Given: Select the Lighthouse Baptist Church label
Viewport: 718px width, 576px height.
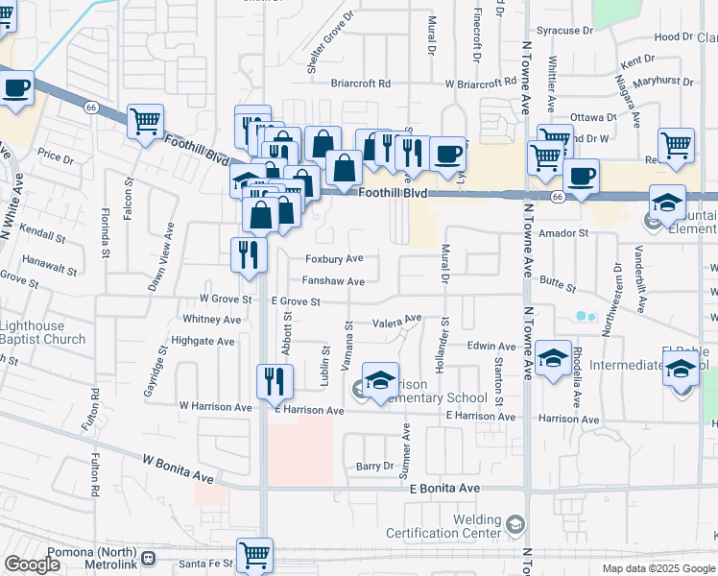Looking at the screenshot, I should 42,332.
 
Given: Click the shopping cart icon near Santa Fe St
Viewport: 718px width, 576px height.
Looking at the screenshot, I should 254,554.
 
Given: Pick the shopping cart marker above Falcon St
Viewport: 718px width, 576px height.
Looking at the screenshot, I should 145,122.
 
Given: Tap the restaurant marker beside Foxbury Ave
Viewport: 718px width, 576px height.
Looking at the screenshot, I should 247,254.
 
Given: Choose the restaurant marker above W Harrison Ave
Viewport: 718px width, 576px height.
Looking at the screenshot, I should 274,381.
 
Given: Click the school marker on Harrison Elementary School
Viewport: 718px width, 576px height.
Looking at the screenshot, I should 380,379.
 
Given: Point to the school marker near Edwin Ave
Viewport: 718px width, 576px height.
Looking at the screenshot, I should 553,358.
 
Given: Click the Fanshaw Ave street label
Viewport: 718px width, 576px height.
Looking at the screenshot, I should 333,281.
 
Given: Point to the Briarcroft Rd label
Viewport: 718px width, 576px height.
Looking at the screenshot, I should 360,84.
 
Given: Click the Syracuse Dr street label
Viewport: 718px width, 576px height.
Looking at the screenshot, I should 565,30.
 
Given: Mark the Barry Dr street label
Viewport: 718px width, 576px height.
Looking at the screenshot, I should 374,466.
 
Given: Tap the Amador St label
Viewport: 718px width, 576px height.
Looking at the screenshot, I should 562,233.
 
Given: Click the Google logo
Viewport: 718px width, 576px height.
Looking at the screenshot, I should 33,564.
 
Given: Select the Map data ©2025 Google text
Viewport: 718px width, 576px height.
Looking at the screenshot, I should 658,568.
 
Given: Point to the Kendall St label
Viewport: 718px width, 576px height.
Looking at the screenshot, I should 42,234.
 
